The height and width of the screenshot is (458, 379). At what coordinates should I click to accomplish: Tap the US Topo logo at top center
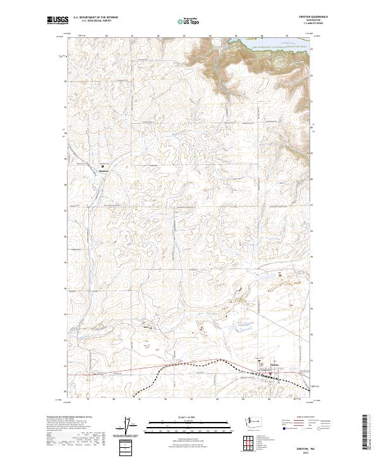click(x=190, y=21)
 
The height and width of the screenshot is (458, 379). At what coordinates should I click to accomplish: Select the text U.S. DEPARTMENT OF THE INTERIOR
click(x=95, y=18)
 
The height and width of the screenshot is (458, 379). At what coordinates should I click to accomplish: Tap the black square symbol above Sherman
click(x=103, y=167)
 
